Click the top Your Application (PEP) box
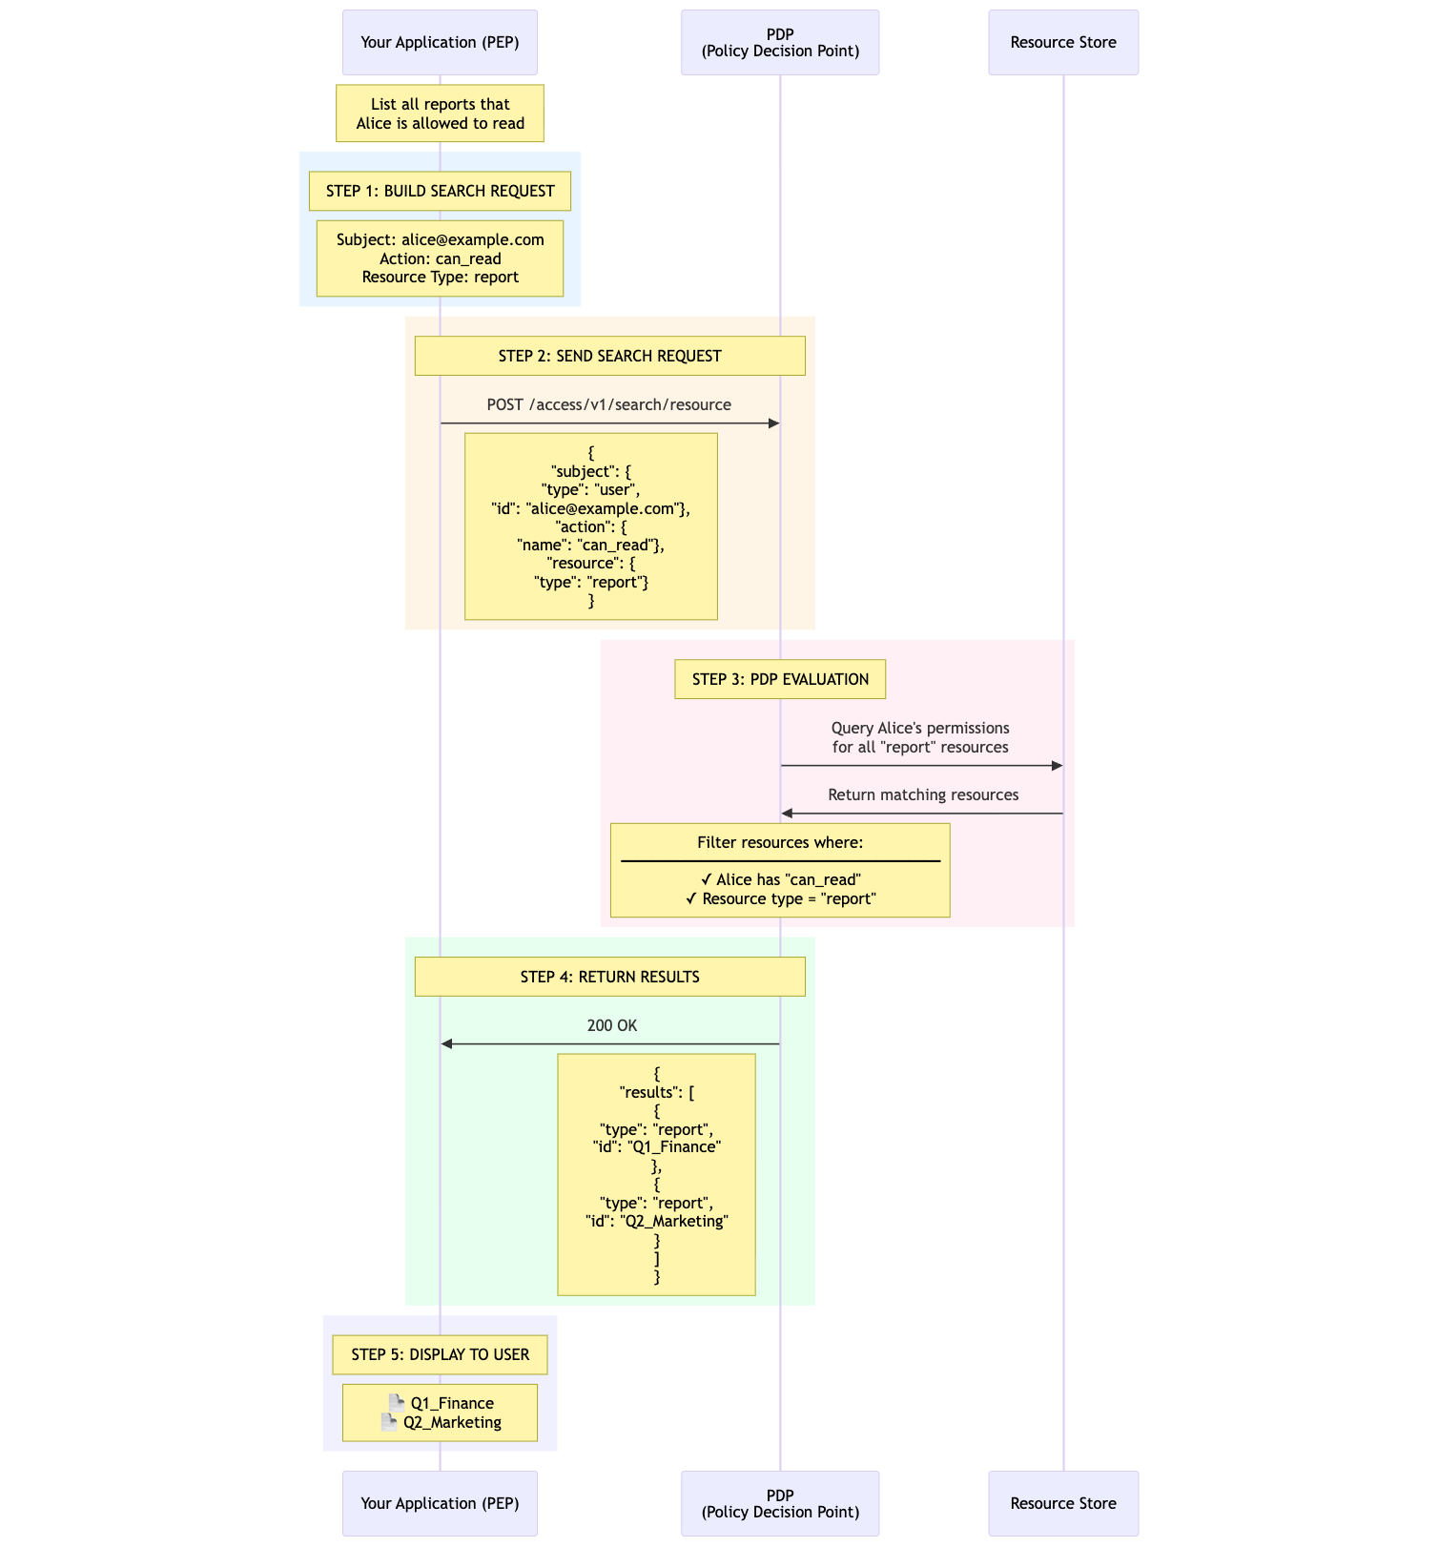(x=440, y=42)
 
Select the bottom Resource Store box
(x=1063, y=1503)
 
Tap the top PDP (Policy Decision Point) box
(x=780, y=42)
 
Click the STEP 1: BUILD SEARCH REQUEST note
(x=440, y=191)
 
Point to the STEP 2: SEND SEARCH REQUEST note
(x=609, y=356)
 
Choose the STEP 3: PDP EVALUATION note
(x=780, y=679)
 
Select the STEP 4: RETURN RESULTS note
(x=609, y=977)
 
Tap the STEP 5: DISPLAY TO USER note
(x=440, y=1354)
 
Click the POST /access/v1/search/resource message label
(x=608, y=404)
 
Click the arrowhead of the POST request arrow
(x=774, y=423)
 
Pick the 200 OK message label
(x=611, y=1025)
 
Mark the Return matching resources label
(x=922, y=794)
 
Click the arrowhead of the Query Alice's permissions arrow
(x=1057, y=766)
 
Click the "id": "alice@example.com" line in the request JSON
(x=590, y=508)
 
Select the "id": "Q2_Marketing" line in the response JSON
(x=656, y=1221)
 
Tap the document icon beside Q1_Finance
(x=397, y=1403)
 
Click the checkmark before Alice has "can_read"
(x=706, y=879)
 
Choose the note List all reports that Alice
(x=440, y=113)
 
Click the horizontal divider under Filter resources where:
(x=780, y=861)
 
